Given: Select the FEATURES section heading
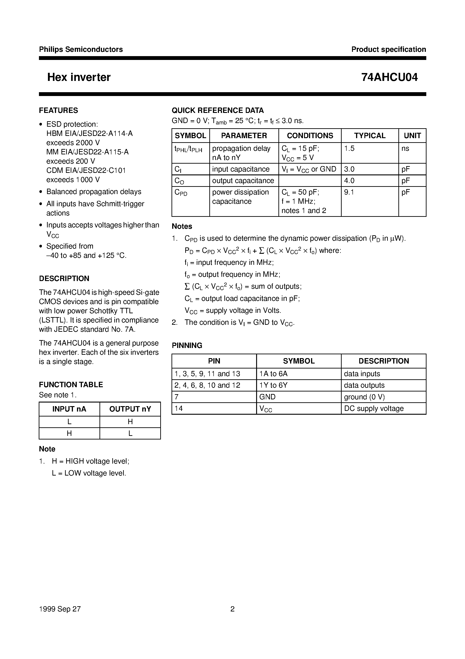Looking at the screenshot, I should point(59,110).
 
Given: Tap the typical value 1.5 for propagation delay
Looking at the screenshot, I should point(349,148).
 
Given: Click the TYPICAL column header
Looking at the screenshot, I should point(370,135).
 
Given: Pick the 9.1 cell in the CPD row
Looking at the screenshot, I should point(349,192).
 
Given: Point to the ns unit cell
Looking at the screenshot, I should point(405,148).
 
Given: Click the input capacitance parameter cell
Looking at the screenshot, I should point(241,169).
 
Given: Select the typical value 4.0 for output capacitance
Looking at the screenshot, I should point(349,181).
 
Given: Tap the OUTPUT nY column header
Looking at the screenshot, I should point(130,409).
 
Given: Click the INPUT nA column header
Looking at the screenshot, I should point(69,409).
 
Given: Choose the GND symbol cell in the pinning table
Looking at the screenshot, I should point(267,397).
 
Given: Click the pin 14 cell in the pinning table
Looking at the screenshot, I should point(179,408).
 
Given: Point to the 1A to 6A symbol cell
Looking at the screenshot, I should point(273,374).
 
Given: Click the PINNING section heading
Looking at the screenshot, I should point(187,345).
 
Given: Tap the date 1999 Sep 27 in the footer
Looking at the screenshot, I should point(60,609).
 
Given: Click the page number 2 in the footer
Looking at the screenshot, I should point(232,609).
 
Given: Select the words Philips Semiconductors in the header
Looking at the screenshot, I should point(81,49).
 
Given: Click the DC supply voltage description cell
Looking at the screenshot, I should point(374,408).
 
